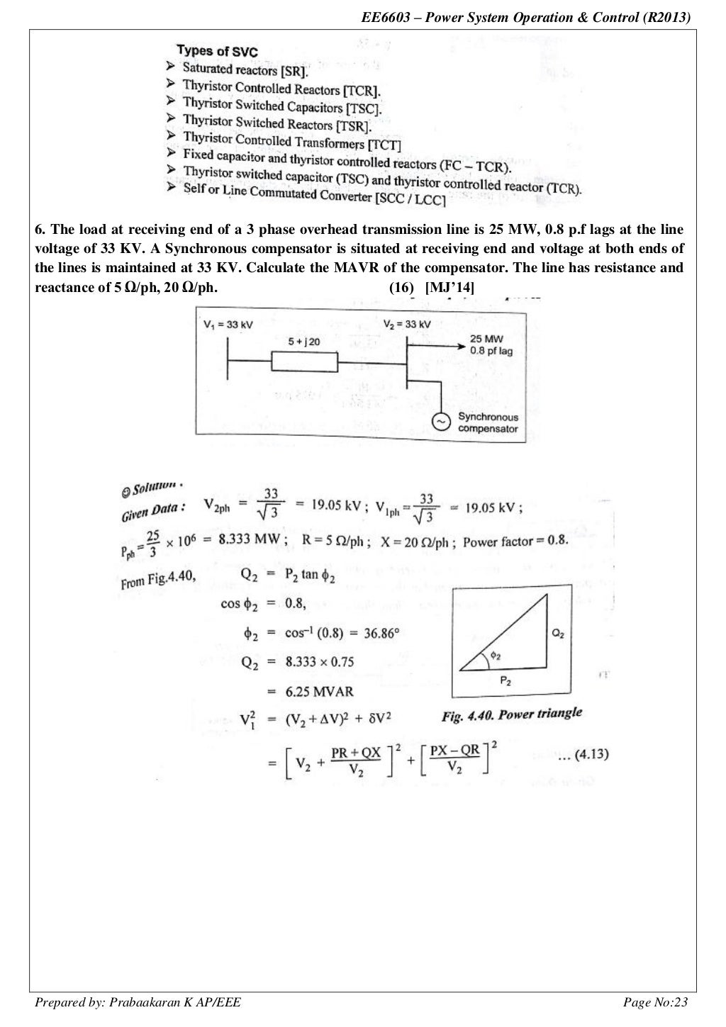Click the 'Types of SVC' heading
pos(216,51)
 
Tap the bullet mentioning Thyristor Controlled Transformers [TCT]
pos(291,142)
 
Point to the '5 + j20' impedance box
pos(304,361)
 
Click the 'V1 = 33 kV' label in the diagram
pos(228,325)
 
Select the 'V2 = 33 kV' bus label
pos(406,325)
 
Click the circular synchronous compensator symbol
pos(441,422)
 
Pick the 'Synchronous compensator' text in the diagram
pos(488,422)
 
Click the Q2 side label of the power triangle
pos(559,634)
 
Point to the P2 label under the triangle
pos(505,681)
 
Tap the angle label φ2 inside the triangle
pos(495,656)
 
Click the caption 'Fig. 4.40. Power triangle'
pos(511,715)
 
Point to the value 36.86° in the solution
pos(384,633)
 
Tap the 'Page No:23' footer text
pos(655,1001)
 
